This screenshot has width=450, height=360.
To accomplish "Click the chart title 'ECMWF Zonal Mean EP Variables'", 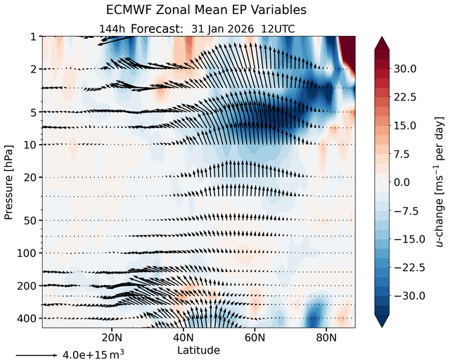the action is (206, 10).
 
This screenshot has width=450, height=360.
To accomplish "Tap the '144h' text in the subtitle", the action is (112, 30).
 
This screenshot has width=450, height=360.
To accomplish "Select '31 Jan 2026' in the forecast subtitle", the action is (222, 30).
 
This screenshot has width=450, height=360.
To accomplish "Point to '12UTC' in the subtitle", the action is (278, 30).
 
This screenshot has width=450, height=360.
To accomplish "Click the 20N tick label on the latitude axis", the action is (112, 337).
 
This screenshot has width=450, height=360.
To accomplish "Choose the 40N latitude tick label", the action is (183, 337).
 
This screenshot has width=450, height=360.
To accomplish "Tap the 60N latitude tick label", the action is (255, 337).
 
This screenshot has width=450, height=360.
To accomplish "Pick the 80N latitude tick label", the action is (326, 337).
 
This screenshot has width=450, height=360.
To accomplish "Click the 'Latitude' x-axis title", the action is (198, 350).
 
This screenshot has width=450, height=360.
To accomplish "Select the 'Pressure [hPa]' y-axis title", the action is (9, 183).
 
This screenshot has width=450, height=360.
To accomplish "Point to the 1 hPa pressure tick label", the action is (34, 37).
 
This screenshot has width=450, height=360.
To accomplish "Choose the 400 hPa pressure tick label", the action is (27, 319).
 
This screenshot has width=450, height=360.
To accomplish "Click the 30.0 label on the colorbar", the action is (405, 69).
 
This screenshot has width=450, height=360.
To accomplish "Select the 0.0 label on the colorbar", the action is (401, 182).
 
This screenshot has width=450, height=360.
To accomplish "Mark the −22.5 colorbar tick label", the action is (409, 268).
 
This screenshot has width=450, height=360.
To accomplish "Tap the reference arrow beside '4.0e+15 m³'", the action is (37, 355).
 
